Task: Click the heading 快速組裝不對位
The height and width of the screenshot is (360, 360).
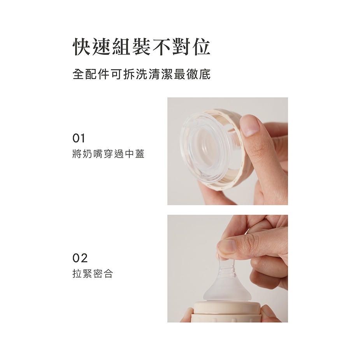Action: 142,47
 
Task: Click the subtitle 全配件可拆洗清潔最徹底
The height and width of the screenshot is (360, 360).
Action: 142,74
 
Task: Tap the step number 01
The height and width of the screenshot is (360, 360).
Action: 79,138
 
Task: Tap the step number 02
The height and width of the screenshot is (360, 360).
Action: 80,258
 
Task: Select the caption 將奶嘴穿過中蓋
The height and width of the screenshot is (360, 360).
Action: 109,155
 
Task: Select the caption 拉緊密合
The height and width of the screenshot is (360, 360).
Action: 93,274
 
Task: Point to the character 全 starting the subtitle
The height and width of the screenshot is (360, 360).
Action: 78,74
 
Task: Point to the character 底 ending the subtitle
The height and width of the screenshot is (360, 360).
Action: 205,74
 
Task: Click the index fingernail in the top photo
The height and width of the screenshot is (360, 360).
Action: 249,125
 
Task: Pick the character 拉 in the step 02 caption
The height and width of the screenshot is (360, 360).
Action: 77,274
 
